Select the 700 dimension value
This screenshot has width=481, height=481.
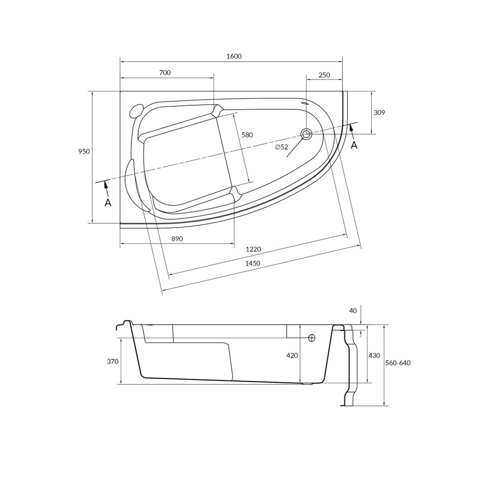165,73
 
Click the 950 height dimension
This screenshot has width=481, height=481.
84,151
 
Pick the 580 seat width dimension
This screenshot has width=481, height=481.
247,135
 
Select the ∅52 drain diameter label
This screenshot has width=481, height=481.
281,147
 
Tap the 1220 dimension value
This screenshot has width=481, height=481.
253,249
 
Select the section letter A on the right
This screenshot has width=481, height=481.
354,145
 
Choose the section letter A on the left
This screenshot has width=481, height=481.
108,203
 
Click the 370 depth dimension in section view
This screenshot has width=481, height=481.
113,362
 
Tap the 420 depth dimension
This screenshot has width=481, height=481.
292,355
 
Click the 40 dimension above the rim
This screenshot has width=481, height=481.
354,311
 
